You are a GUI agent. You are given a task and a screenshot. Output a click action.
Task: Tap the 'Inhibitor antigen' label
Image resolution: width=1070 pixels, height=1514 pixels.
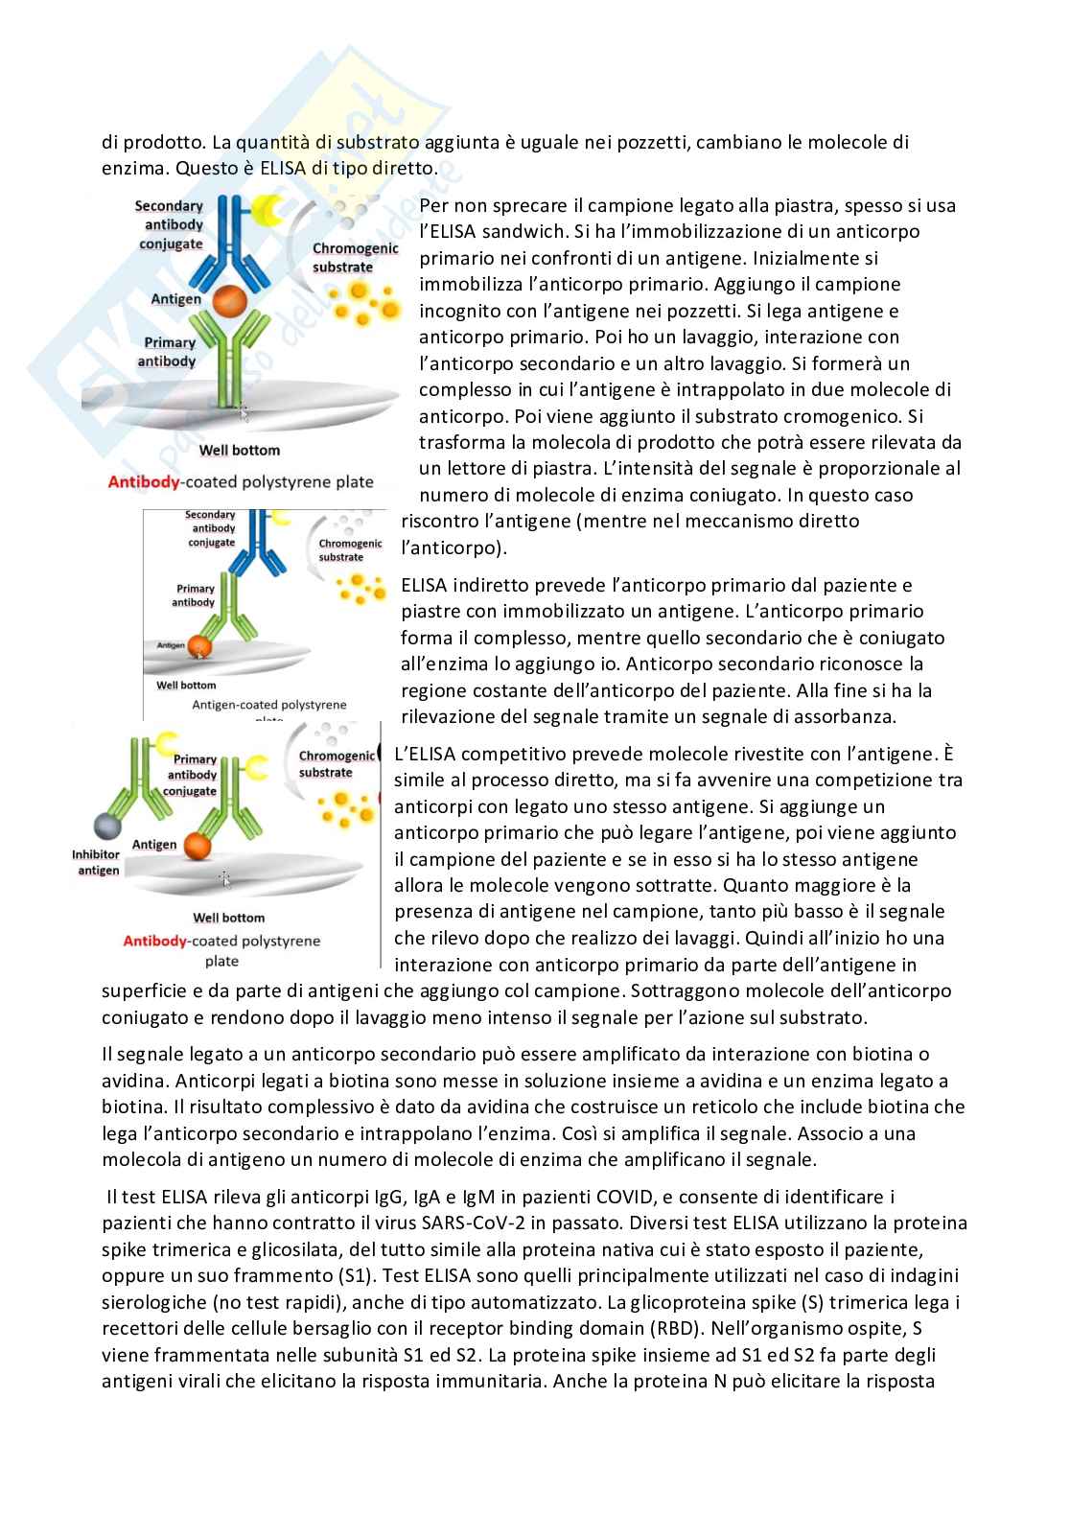pos(96,862)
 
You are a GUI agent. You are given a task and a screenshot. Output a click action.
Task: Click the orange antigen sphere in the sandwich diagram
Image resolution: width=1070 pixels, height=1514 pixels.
pos(226,301)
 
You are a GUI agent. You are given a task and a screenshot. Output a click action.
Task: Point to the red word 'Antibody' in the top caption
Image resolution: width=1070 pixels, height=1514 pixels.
pos(144,481)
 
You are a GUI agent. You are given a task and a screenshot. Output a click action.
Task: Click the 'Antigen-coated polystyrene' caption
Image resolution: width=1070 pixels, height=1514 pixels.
pos(269,705)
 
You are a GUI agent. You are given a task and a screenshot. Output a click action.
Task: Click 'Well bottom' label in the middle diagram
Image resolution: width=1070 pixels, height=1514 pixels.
pos(186,685)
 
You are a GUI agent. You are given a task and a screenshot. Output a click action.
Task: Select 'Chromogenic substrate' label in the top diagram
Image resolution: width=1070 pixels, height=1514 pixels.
pos(355,257)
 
